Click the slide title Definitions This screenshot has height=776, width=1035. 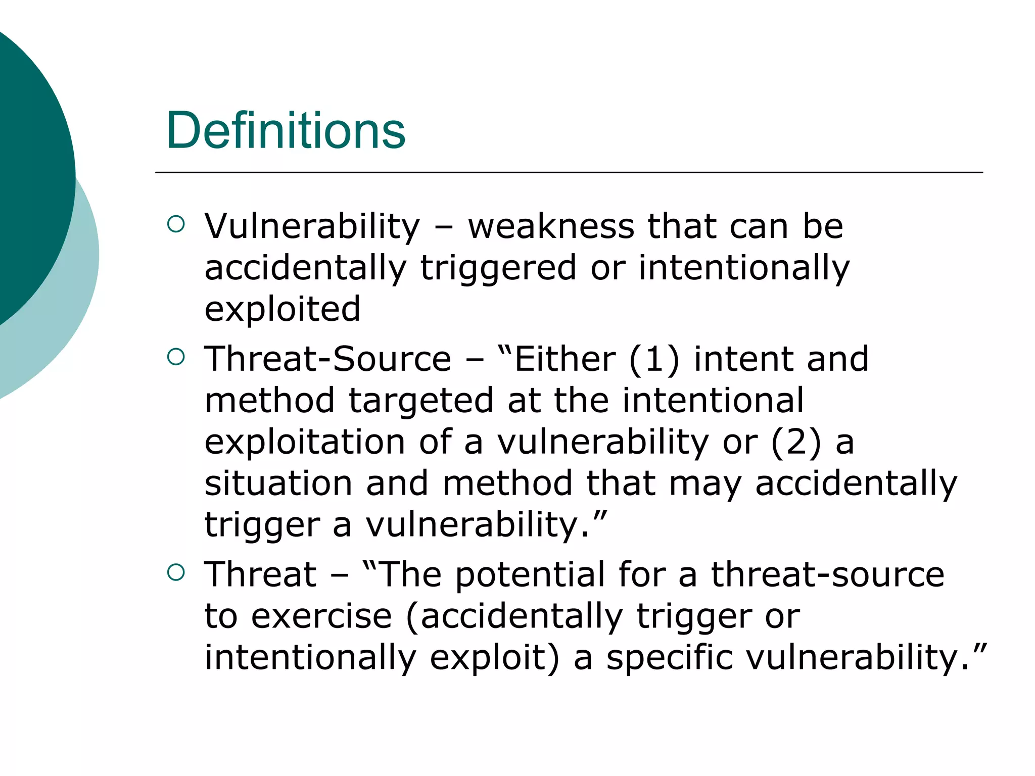tap(286, 131)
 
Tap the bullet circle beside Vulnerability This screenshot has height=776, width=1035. tap(175, 224)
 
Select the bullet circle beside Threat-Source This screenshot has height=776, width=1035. tap(175, 357)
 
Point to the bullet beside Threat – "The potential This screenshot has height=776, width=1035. tap(175, 572)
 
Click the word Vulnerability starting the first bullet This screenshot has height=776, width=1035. tap(312, 227)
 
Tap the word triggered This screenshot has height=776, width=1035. tap(498, 268)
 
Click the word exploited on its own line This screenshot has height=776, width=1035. tap(282, 309)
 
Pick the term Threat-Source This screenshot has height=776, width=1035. tap(327, 359)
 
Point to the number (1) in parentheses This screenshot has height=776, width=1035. tap(654, 360)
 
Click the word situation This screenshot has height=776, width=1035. tap(278, 483)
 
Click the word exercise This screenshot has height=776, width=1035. tap(321, 617)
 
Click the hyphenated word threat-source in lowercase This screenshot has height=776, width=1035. tap(827, 575)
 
